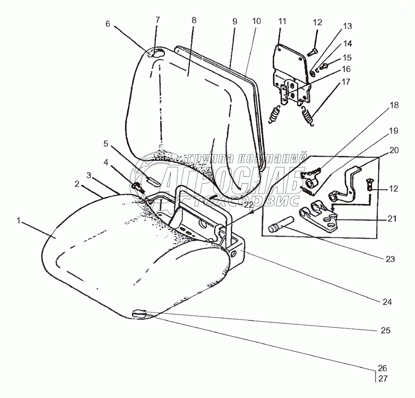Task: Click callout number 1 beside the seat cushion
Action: click(x=18, y=221)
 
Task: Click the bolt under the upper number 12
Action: click(x=312, y=51)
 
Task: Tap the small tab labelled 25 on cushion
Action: click(x=139, y=313)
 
